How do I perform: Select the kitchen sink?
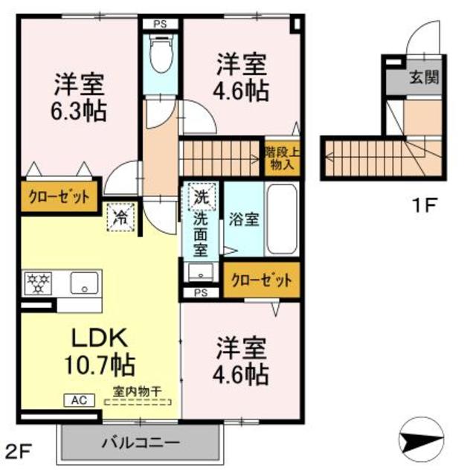click(x=85, y=283)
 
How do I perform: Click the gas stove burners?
click(x=39, y=283)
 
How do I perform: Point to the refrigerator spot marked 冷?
click(x=120, y=217)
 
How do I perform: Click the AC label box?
click(x=79, y=400)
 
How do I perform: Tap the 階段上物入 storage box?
click(x=282, y=158)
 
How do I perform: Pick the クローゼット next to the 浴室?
click(x=261, y=281)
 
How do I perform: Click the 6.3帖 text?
click(x=79, y=112)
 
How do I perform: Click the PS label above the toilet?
click(x=160, y=24)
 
